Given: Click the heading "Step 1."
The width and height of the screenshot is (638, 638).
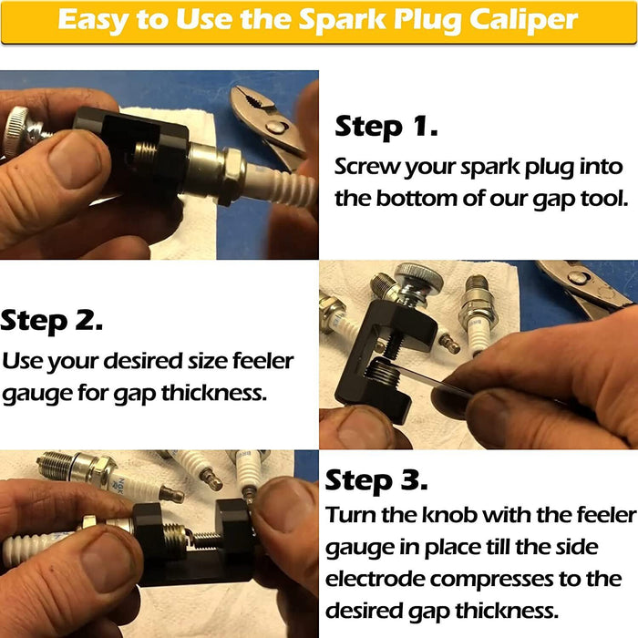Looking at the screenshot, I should (x=386, y=127).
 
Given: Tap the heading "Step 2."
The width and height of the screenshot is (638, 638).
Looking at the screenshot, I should (x=52, y=320).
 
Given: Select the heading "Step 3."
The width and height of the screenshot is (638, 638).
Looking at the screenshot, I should (x=376, y=479).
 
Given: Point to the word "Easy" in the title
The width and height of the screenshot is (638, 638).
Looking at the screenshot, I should (x=93, y=21).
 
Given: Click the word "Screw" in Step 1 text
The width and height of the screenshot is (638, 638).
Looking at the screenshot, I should (x=365, y=168).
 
